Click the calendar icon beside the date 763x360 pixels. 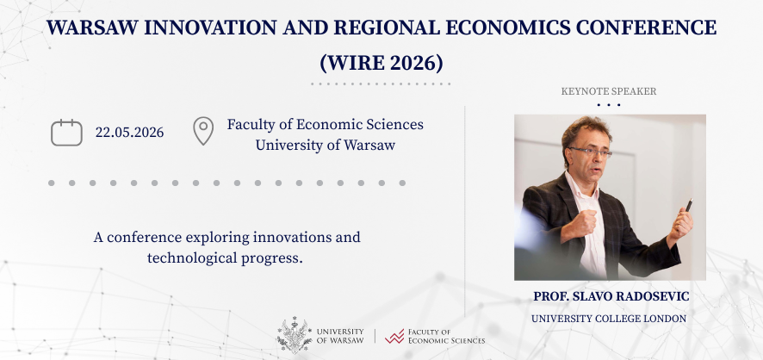pos(66,133)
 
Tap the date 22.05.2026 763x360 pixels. pos(129,133)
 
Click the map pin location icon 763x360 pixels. pos(202,132)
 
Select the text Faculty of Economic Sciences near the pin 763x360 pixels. pos(325,124)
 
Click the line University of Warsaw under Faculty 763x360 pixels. pos(325,145)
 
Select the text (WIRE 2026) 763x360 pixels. pos(381,62)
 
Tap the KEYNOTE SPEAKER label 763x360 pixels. pos(609,91)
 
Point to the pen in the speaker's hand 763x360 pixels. pos(688,205)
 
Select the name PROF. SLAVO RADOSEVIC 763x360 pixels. pos(610,296)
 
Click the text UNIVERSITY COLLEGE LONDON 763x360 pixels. pos(609,319)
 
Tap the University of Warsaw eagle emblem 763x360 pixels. pos(295,335)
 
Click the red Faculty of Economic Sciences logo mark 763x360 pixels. pos(395,336)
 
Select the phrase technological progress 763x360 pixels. pos(225,258)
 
